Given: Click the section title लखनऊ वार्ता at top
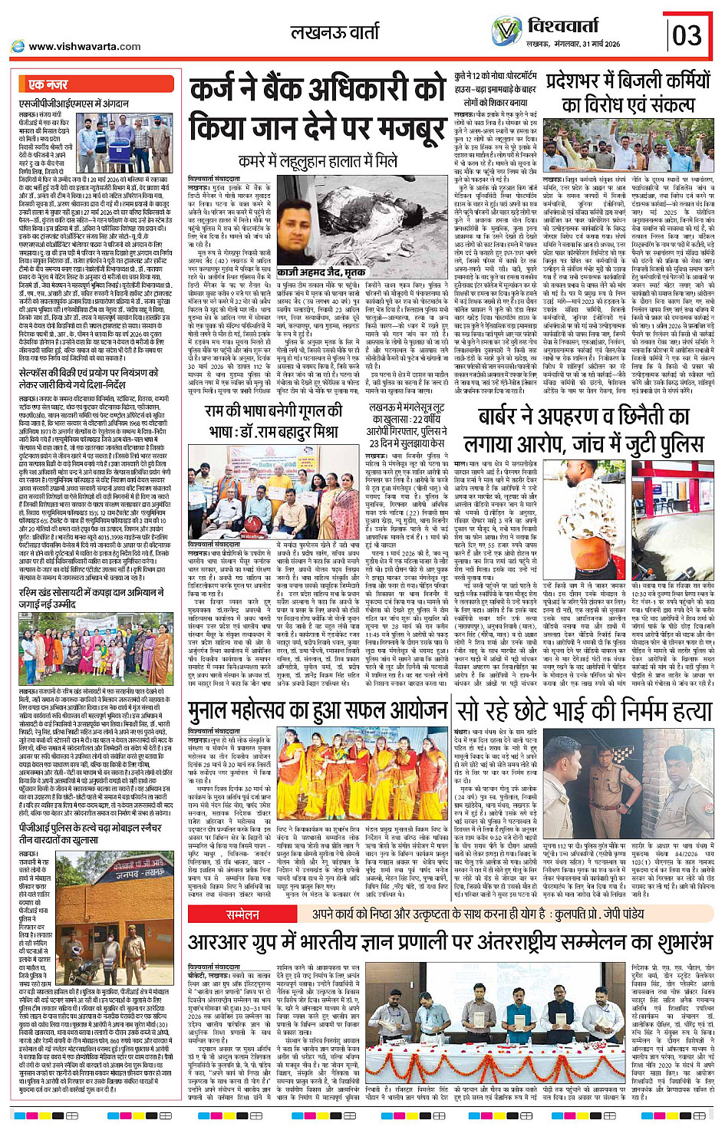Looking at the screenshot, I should click(x=334, y=32).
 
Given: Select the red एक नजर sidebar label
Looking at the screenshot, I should click(x=49, y=84).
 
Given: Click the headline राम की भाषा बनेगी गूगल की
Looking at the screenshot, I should click(x=272, y=412).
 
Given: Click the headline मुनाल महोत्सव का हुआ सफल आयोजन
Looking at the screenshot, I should click(x=319, y=711).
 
